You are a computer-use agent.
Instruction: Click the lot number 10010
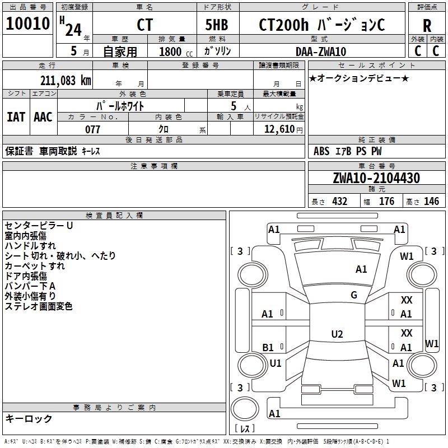(28, 24)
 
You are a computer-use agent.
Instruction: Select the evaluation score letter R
(427, 26)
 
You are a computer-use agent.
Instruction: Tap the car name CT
(144, 25)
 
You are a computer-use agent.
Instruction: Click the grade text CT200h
(281, 25)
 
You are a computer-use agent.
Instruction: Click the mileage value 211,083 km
(66, 81)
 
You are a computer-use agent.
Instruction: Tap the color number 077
(92, 129)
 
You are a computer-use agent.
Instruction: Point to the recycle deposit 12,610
(278, 129)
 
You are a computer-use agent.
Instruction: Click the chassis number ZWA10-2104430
(376, 178)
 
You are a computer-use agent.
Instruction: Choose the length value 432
(339, 202)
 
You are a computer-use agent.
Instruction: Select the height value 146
(431, 202)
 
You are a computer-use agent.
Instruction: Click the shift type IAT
(16, 117)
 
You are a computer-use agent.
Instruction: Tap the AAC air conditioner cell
(43, 117)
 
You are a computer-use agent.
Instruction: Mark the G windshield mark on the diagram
(354, 295)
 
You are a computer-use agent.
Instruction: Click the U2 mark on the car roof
(337, 334)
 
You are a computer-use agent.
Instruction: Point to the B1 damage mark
(268, 348)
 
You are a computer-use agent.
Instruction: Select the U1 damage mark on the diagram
(276, 363)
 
